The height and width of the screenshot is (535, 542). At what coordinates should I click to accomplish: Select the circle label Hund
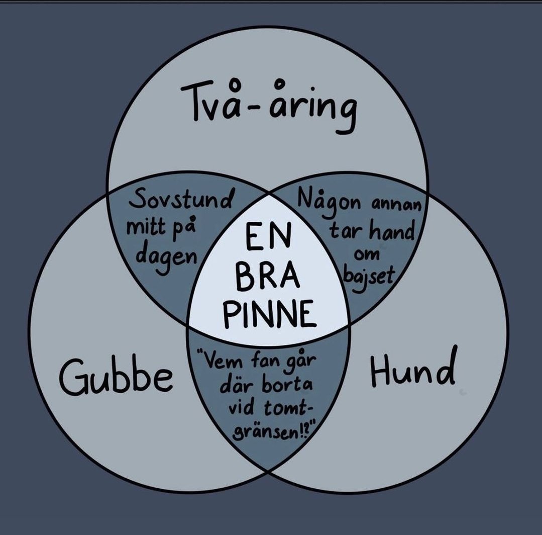coord(412,367)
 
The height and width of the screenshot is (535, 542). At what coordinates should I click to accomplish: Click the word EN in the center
coord(269,238)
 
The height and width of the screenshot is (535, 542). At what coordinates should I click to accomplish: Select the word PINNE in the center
coord(269,313)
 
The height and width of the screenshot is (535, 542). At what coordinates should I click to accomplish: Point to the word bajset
coord(369,278)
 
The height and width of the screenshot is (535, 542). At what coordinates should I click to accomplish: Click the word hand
coord(392,231)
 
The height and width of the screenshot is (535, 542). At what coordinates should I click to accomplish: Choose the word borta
coord(286,385)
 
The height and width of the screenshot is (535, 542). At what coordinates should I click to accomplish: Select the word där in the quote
coord(237,386)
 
